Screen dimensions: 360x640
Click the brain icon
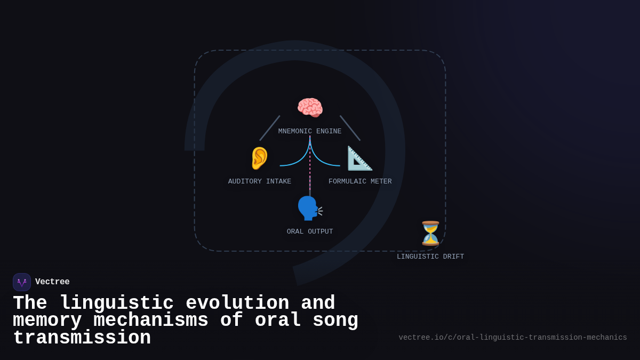point(310,108)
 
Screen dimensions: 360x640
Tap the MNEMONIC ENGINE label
point(310,132)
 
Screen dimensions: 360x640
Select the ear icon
point(260,158)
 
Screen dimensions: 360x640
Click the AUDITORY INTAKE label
point(260,182)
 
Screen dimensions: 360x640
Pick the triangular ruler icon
point(360,158)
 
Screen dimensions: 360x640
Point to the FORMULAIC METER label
point(360,182)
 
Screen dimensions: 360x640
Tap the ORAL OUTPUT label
point(310,232)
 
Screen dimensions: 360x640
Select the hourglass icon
point(430,233)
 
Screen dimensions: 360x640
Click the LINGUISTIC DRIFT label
point(430,257)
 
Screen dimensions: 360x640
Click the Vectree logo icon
point(22,282)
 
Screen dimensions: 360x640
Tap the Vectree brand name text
point(52,282)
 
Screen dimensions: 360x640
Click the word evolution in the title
point(237,303)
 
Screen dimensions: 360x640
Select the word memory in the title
point(47,321)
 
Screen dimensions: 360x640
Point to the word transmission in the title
point(82,338)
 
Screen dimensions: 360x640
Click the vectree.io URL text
point(513,338)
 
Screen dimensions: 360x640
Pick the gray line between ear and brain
point(270,128)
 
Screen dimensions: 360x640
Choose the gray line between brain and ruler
point(350,128)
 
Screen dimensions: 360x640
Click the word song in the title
point(335,321)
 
